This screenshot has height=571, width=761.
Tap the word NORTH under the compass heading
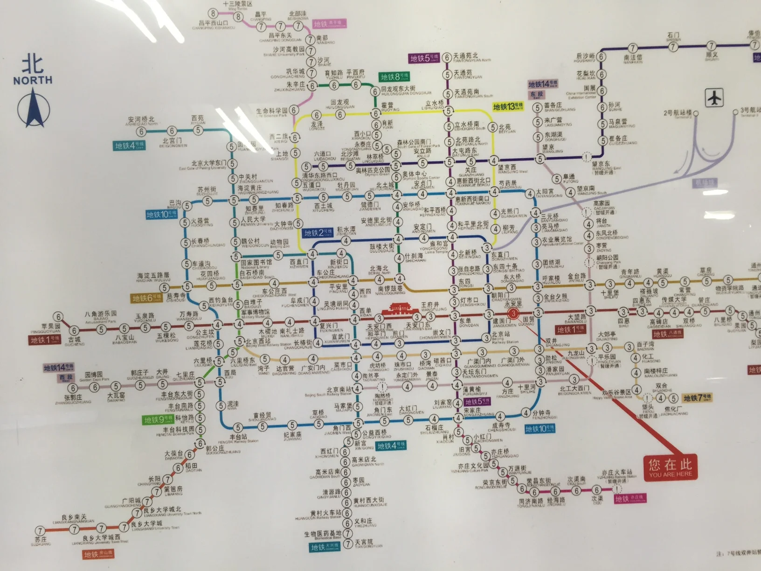(33, 80)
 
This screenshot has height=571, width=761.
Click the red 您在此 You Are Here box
(671, 467)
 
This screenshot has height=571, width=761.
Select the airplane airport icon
(714, 98)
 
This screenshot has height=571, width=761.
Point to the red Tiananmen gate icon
(402, 309)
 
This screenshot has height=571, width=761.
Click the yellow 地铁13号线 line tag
(508, 107)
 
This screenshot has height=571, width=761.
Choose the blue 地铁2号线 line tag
(318, 233)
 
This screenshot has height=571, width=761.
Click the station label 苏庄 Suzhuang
(41, 540)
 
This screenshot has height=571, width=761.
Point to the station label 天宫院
(364, 543)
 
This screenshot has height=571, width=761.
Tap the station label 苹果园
(51, 327)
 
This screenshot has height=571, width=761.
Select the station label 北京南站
(339, 390)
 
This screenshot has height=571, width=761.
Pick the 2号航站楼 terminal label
(678, 113)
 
